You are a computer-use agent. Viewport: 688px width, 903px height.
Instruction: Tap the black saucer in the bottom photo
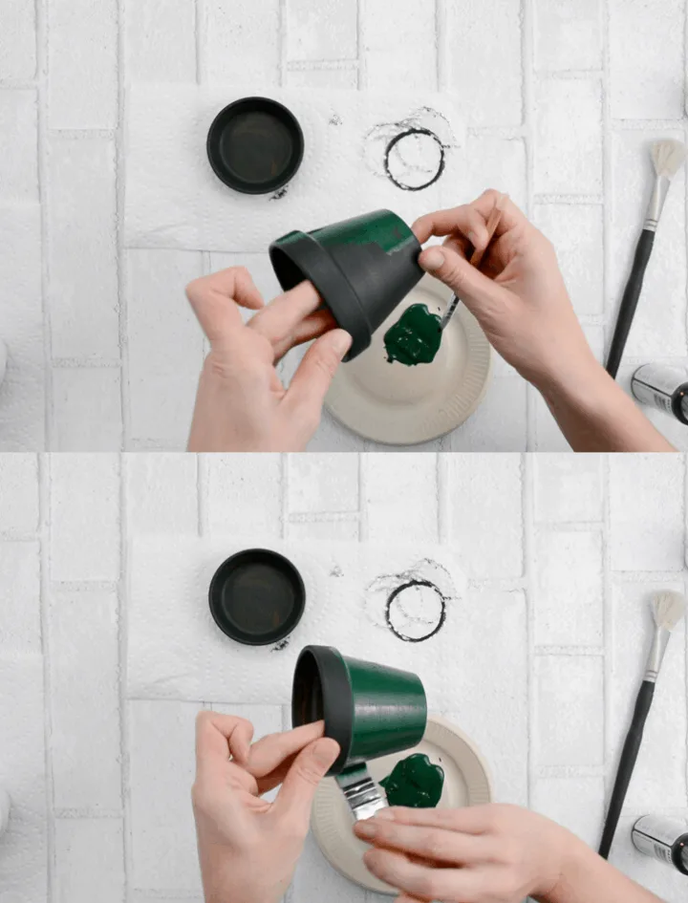(x=256, y=596)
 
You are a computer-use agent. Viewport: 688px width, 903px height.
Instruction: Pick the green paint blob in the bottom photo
(x=414, y=781)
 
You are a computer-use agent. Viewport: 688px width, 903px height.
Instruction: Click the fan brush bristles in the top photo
(x=666, y=158)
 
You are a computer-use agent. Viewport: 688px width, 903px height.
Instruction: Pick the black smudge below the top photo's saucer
(x=278, y=194)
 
